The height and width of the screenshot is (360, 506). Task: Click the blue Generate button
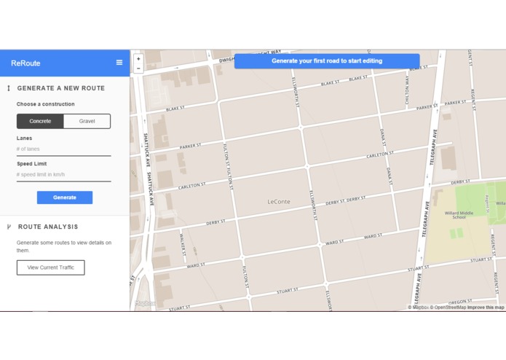65,197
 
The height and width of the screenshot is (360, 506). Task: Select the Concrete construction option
40,121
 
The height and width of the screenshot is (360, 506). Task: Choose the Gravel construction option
87,121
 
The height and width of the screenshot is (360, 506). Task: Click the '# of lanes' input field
63,149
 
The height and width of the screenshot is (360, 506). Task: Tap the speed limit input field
63,175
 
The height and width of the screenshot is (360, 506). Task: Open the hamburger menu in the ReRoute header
119,63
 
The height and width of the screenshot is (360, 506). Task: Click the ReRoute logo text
25,63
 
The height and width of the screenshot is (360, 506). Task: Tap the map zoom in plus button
138,59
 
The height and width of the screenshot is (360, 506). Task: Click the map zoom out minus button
138,69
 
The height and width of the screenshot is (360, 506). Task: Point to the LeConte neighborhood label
279,202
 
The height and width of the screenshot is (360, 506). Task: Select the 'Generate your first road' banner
327,61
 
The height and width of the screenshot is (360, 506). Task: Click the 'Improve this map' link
486,308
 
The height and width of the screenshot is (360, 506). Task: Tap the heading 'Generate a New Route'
60,88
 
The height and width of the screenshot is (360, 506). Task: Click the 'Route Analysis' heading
48,227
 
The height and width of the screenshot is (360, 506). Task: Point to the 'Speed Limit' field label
31,164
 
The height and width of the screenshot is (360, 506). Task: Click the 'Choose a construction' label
45,104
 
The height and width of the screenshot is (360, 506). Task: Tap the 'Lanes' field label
24,138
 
